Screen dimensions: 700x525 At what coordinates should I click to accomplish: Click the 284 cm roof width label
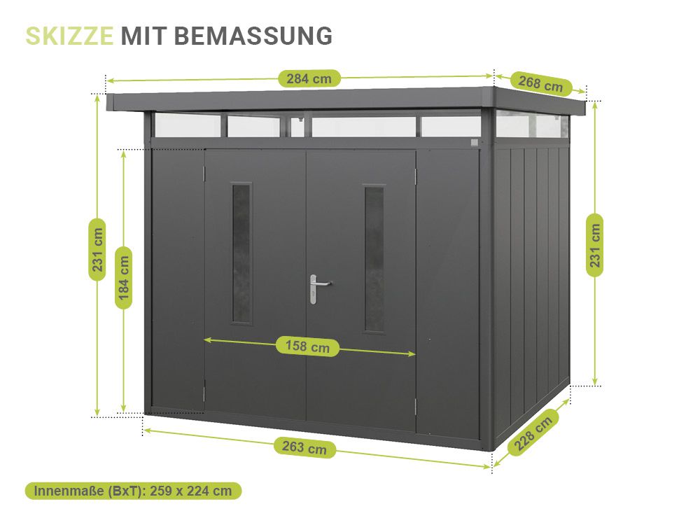(309, 78)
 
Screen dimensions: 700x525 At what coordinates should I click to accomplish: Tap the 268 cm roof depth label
(540, 83)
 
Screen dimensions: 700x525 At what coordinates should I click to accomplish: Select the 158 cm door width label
(307, 346)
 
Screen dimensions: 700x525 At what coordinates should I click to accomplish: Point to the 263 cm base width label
(304, 447)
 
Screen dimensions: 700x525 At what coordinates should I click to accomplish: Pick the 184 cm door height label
(124, 278)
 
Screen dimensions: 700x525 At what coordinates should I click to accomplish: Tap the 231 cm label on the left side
(97, 250)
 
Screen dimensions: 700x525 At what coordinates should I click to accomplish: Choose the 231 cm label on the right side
(594, 245)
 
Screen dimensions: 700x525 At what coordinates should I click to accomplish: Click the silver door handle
(317, 288)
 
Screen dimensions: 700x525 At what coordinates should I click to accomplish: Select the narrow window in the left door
(242, 253)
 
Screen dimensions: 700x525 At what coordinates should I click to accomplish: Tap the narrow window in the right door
(374, 259)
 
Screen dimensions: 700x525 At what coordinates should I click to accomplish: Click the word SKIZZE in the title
(69, 36)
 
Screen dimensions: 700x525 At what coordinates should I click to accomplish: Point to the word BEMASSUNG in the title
(253, 36)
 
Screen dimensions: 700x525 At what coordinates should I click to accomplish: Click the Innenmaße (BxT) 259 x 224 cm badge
(133, 491)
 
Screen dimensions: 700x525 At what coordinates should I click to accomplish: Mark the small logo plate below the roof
(475, 142)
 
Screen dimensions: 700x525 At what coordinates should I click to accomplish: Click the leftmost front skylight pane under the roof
(188, 125)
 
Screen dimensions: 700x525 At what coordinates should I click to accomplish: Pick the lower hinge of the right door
(416, 405)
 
